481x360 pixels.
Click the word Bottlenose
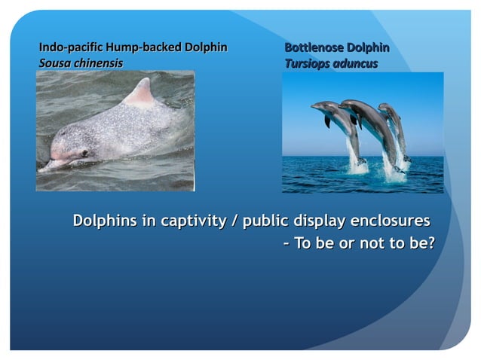(x=314, y=47)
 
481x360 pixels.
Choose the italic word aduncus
(x=357, y=63)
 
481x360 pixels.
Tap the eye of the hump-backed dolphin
(x=84, y=153)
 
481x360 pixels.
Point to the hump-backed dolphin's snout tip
(x=45, y=165)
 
